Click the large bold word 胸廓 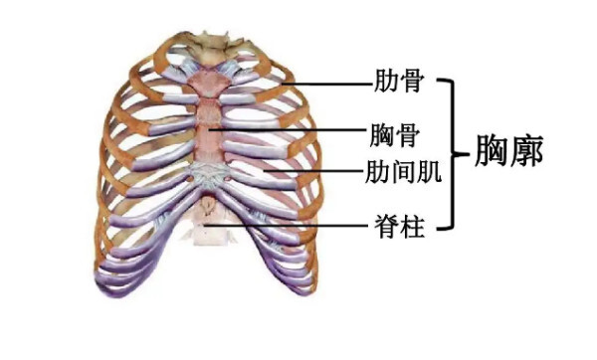click(508, 155)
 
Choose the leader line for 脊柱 click(298, 228)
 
